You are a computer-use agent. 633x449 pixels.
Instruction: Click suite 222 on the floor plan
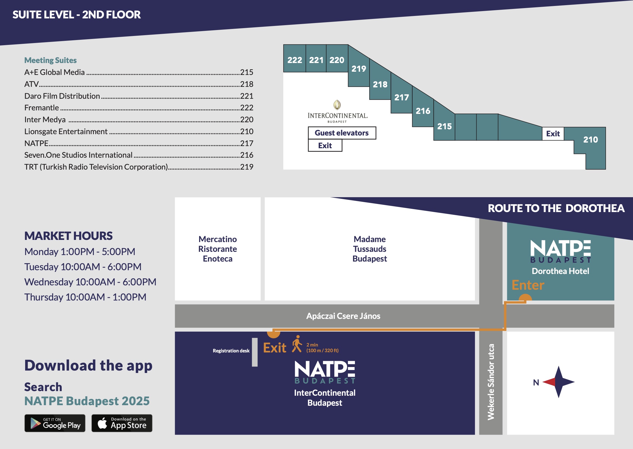(295, 60)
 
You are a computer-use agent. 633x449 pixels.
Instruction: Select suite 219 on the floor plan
(359, 68)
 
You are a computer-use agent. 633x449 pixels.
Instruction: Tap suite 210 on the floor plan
(591, 140)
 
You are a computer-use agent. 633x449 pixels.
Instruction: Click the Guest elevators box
(342, 133)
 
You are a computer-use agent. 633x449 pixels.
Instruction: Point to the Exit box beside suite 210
(553, 134)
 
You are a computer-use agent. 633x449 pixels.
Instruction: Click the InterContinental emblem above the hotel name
(337, 105)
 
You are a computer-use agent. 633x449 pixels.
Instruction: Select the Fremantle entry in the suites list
(41, 108)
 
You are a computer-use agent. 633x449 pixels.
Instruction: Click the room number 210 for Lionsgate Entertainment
(247, 131)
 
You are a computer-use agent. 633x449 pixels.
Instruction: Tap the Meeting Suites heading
(51, 60)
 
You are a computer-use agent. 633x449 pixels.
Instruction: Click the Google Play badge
(55, 423)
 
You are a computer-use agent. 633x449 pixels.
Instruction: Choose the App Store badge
(122, 423)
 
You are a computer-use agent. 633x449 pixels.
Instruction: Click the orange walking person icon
(297, 344)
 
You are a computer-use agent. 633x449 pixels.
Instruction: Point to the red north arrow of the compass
(549, 382)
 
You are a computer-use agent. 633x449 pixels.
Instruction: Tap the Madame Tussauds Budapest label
(370, 249)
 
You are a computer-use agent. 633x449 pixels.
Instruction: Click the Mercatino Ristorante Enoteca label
(218, 249)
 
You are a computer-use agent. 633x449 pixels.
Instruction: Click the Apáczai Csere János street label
(343, 316)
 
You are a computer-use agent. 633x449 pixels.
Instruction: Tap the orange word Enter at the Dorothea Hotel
(528, 285)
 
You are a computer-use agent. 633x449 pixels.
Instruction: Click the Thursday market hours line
(85, 297)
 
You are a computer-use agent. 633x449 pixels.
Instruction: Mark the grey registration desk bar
(255, 352)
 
